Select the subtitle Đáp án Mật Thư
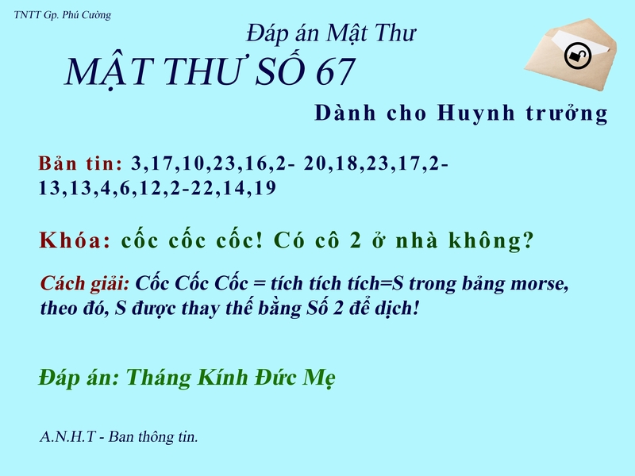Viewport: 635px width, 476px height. [332, 33]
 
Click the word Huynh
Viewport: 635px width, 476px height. [468, 113]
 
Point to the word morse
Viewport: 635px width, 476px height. [539, 283]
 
